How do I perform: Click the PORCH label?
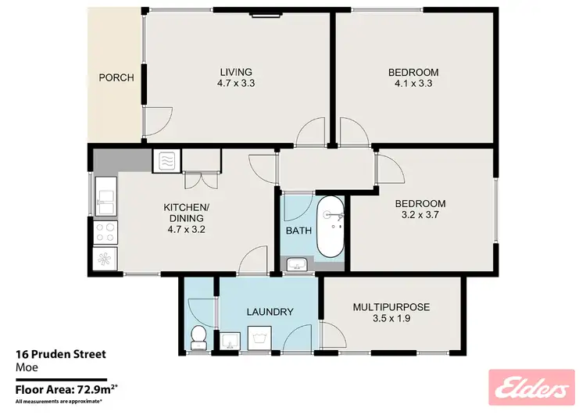[116, 77]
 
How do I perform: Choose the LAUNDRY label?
[269, 312]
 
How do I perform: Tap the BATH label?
[298, 231]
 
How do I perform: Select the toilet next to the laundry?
[198, 337]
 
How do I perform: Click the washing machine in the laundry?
[259, 338]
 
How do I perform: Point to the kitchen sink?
[104, 195]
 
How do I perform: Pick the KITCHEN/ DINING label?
[184, 213]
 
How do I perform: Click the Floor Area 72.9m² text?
[66, 387]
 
